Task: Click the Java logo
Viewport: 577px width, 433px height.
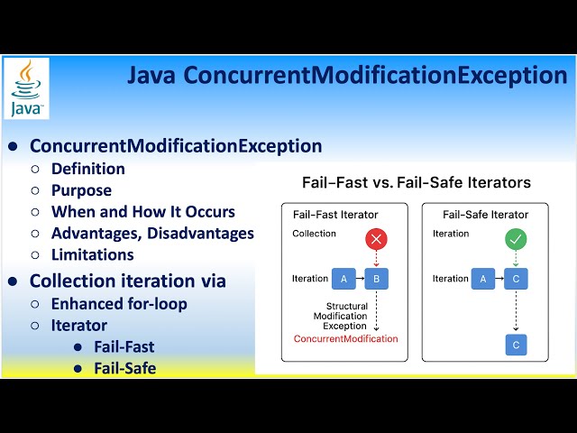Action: [x=27, y=88]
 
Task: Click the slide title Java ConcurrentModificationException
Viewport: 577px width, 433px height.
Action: [x=346, y=75]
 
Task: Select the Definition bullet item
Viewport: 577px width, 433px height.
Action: [x=87, y=169]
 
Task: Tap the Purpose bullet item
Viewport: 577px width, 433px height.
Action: [x=81, y=190]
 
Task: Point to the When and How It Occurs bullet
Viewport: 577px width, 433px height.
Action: [x=142, y=212]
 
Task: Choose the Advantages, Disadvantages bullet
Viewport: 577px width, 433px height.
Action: [x=152, y=234]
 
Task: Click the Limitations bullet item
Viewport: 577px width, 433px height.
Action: [x=92, y=255]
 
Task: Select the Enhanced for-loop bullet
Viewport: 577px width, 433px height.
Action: [x=119, y=304]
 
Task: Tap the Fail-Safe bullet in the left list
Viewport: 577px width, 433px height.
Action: [x=124, y=368]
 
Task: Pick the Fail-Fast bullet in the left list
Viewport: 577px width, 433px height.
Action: [x=124, y=346]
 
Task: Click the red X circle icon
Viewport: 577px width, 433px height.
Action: [x=376, y=240]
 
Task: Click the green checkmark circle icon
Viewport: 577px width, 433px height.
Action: [x=516, y=240]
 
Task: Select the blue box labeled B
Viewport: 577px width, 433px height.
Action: [x=376, y=279]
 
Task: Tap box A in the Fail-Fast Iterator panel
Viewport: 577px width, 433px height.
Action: [x=343, y=279]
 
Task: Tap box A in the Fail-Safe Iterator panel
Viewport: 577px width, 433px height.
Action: [x=482, y=279]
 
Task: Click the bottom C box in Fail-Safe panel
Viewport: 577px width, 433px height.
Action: [x=516, y=345]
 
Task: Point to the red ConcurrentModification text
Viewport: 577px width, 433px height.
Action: [x=345, y=338]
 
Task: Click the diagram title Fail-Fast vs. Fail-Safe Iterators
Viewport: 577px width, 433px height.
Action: [x=416, y=182]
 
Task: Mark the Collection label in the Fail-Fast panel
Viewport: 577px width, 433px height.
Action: [x=314, y=234]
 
